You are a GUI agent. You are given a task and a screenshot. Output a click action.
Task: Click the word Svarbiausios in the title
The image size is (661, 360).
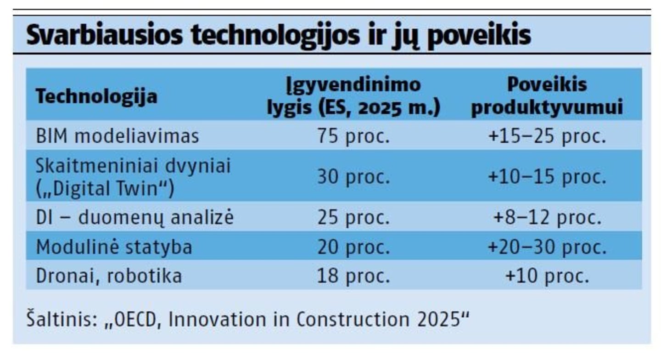(104, 36)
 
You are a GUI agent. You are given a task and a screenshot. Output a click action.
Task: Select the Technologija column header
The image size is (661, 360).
(96, 96)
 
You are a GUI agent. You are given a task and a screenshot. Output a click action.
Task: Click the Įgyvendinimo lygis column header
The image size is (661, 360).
(353, 96)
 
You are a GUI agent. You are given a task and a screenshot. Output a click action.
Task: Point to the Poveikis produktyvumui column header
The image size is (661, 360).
(547, 96)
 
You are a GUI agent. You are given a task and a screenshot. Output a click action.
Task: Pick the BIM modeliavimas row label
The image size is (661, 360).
(118, 136)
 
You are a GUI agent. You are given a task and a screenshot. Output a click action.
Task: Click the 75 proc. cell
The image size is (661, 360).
(353, 136)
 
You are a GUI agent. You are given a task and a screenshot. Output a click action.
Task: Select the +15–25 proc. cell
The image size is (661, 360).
(547, 136)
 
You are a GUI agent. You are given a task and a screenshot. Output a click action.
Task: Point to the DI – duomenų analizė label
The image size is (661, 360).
(134, 217)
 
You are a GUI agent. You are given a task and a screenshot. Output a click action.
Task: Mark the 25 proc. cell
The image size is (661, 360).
(353, 217)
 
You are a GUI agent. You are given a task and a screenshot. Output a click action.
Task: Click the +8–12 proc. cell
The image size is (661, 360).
(547, 217)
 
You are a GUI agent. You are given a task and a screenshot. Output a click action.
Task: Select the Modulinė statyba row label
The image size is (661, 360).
(114, 247)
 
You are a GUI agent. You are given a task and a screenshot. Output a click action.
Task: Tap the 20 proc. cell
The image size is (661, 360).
(353, 247)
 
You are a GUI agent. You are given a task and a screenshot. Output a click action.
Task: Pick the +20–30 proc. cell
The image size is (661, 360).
(547, 247)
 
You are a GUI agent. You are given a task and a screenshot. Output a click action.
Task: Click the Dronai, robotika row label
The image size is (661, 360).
(109, 276)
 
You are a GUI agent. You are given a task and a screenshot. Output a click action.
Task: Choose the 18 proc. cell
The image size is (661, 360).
(353, 276)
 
